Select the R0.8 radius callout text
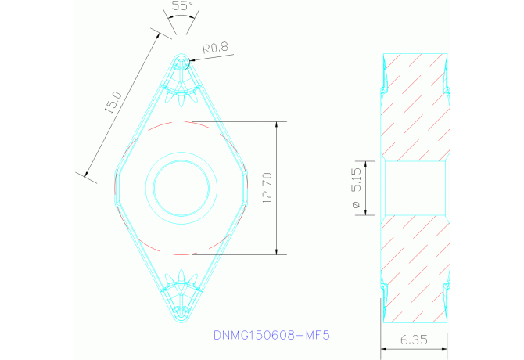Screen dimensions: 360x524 pos(214,48)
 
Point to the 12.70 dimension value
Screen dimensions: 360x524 pos(267,188)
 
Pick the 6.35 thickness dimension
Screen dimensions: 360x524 pos(414,340)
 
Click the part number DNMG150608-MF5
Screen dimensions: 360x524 pos(272,335)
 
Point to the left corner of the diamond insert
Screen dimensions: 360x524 pos(115,188)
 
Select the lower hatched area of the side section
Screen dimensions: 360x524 pos(414,266)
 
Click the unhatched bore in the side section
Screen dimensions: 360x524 pos(414,187)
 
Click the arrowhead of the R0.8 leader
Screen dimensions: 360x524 pos(188,61)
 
